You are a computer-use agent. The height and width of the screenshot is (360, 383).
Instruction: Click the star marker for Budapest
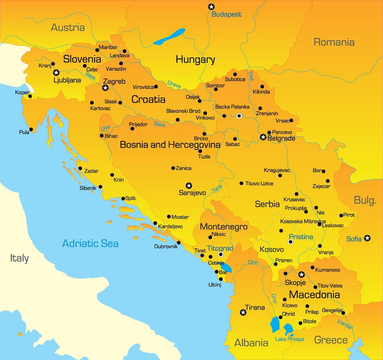click(x=211, y=7)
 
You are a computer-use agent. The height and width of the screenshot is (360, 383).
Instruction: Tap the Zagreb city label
click(x=114, y=81)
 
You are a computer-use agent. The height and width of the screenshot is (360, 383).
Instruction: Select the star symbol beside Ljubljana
click(x=56, y=72)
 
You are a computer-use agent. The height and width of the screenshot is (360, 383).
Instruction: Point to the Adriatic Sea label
click(x=90, y=243)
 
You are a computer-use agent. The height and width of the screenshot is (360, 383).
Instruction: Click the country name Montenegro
click(x=224, y=226)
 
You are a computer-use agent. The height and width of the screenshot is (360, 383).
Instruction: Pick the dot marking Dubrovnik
click(x=179, y=242)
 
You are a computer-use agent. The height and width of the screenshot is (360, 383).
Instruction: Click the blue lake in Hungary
click(x=169, y=37)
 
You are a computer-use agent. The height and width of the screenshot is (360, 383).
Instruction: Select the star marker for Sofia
click(x=367, y=238)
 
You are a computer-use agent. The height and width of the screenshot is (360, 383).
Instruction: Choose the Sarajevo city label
click(x=192, y=193)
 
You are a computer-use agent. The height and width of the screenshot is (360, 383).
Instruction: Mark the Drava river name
click(x=174, y=84)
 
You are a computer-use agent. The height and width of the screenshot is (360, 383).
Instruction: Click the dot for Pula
click(x=31, y=129)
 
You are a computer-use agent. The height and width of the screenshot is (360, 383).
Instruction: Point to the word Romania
click(x=334, y=42)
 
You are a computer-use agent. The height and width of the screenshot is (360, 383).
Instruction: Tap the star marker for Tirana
click(x=243, y=313)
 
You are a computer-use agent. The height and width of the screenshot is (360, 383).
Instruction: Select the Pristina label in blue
click(x=301, y=237)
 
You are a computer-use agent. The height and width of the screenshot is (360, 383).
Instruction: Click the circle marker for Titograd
click(x=221, y=254)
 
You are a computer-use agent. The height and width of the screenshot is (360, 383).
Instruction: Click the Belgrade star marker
click(x=263, y=137)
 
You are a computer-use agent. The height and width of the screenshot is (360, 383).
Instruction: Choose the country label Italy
click(x=19, y=258)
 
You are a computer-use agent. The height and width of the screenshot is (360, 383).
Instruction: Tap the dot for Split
click(x=123, y=198)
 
